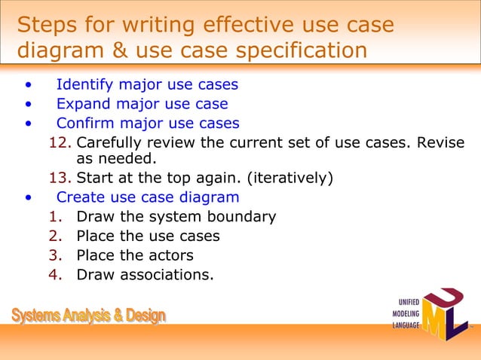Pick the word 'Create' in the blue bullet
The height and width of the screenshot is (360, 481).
point(80,197)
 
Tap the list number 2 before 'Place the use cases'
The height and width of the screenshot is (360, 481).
point(54,236)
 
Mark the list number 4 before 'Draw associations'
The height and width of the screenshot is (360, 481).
point(54,274)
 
